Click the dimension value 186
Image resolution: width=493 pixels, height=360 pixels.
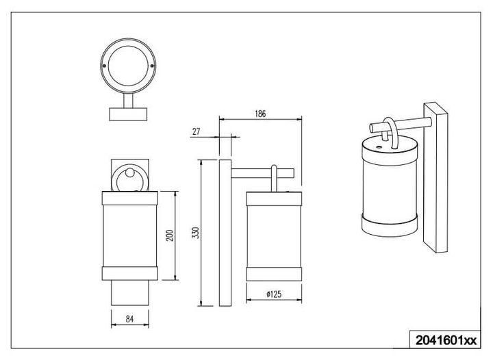point(260,114)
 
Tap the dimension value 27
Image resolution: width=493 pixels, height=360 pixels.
point(197,131)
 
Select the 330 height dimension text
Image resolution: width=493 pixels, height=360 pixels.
point(196,233)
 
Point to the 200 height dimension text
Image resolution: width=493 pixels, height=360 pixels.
point(170,235)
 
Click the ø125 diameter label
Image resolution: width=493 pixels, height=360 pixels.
point(274,294)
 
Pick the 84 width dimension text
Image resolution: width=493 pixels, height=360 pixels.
point(129,319)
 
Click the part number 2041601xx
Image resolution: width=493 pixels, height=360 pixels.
point(446,340)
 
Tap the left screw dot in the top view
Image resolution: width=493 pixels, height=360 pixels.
point(105,66)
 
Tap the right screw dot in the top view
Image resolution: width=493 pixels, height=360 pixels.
point(152,66)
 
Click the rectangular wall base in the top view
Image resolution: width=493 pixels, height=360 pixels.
point(128,114)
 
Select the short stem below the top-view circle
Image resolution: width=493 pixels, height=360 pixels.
point(128,101)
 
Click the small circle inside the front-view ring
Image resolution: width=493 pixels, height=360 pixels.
point(129,172)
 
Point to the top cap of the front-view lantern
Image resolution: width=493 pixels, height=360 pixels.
point(130,198)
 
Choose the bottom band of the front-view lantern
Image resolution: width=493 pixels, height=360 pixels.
point(130,273)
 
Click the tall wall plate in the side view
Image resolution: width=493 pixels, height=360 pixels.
point(225,233)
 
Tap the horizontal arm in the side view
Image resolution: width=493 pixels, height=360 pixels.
point(262,173)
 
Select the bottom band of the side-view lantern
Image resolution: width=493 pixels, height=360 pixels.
point(274,274)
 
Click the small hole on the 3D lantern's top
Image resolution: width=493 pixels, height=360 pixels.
point(379,146)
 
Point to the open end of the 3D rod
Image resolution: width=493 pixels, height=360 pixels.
point(371,128)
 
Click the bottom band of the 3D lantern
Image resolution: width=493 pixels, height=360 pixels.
point(389,226)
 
